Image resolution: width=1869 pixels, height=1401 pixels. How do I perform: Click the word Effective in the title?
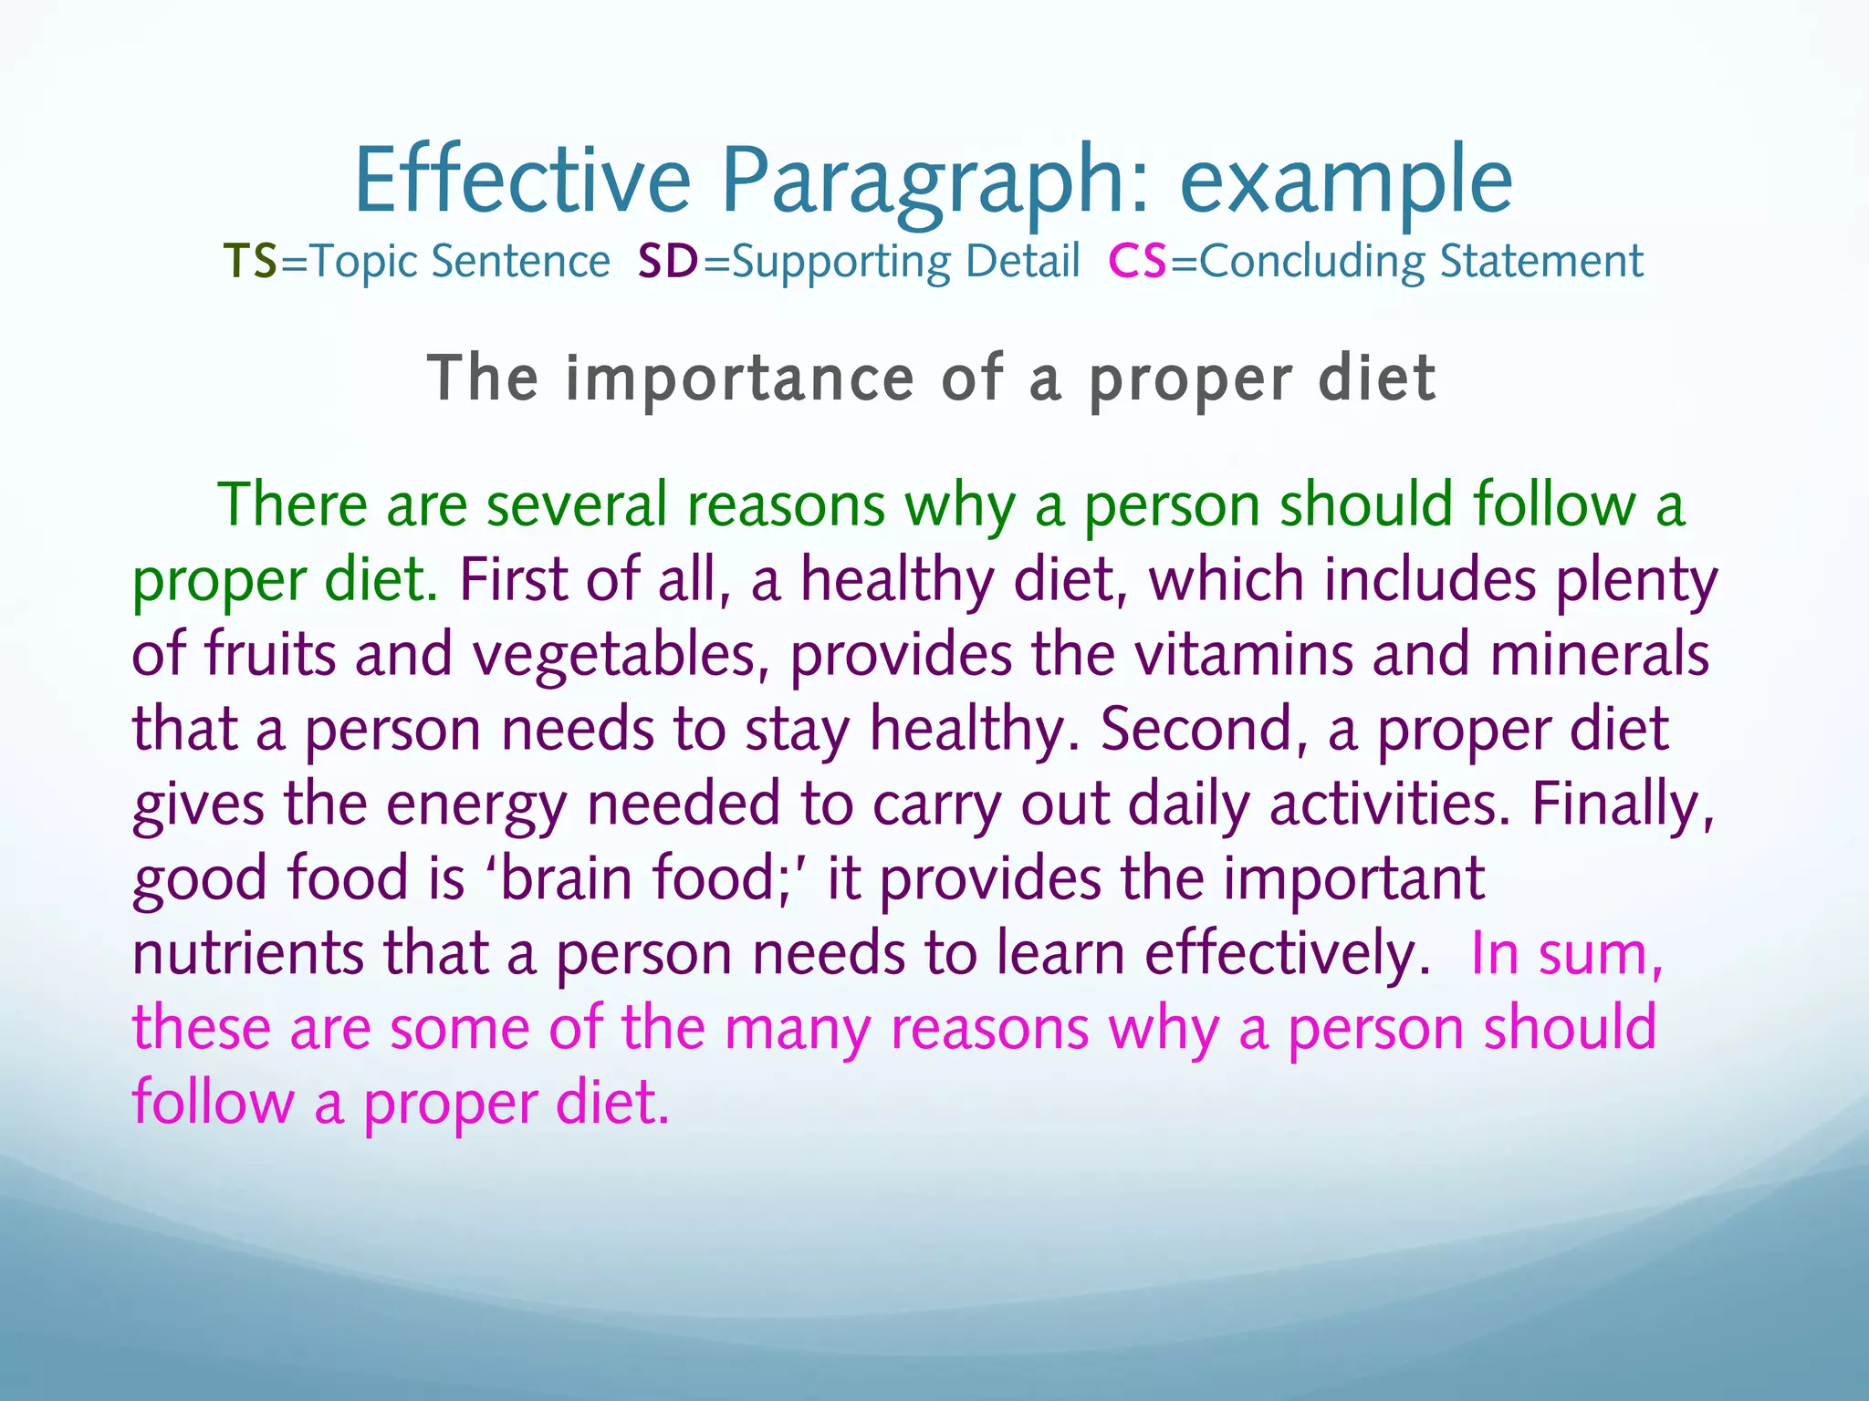pos(522,181)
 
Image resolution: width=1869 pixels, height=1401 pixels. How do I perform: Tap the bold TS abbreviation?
pos(250,262)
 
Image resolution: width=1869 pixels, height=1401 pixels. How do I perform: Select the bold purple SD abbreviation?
pos(668,262)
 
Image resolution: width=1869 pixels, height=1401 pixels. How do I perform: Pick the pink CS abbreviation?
pos(1137,262)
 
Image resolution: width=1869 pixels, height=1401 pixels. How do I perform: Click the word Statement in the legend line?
pos(1541,262)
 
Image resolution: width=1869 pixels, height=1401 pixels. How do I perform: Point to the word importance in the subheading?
pos(739,379)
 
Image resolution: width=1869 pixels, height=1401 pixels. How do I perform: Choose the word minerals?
pos(1599,654)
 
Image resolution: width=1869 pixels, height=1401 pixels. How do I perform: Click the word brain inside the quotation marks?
pos(566,878)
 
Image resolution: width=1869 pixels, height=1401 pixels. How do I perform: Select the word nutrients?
pos(247,954)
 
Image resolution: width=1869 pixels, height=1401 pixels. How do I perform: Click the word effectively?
pos(1287,954)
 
